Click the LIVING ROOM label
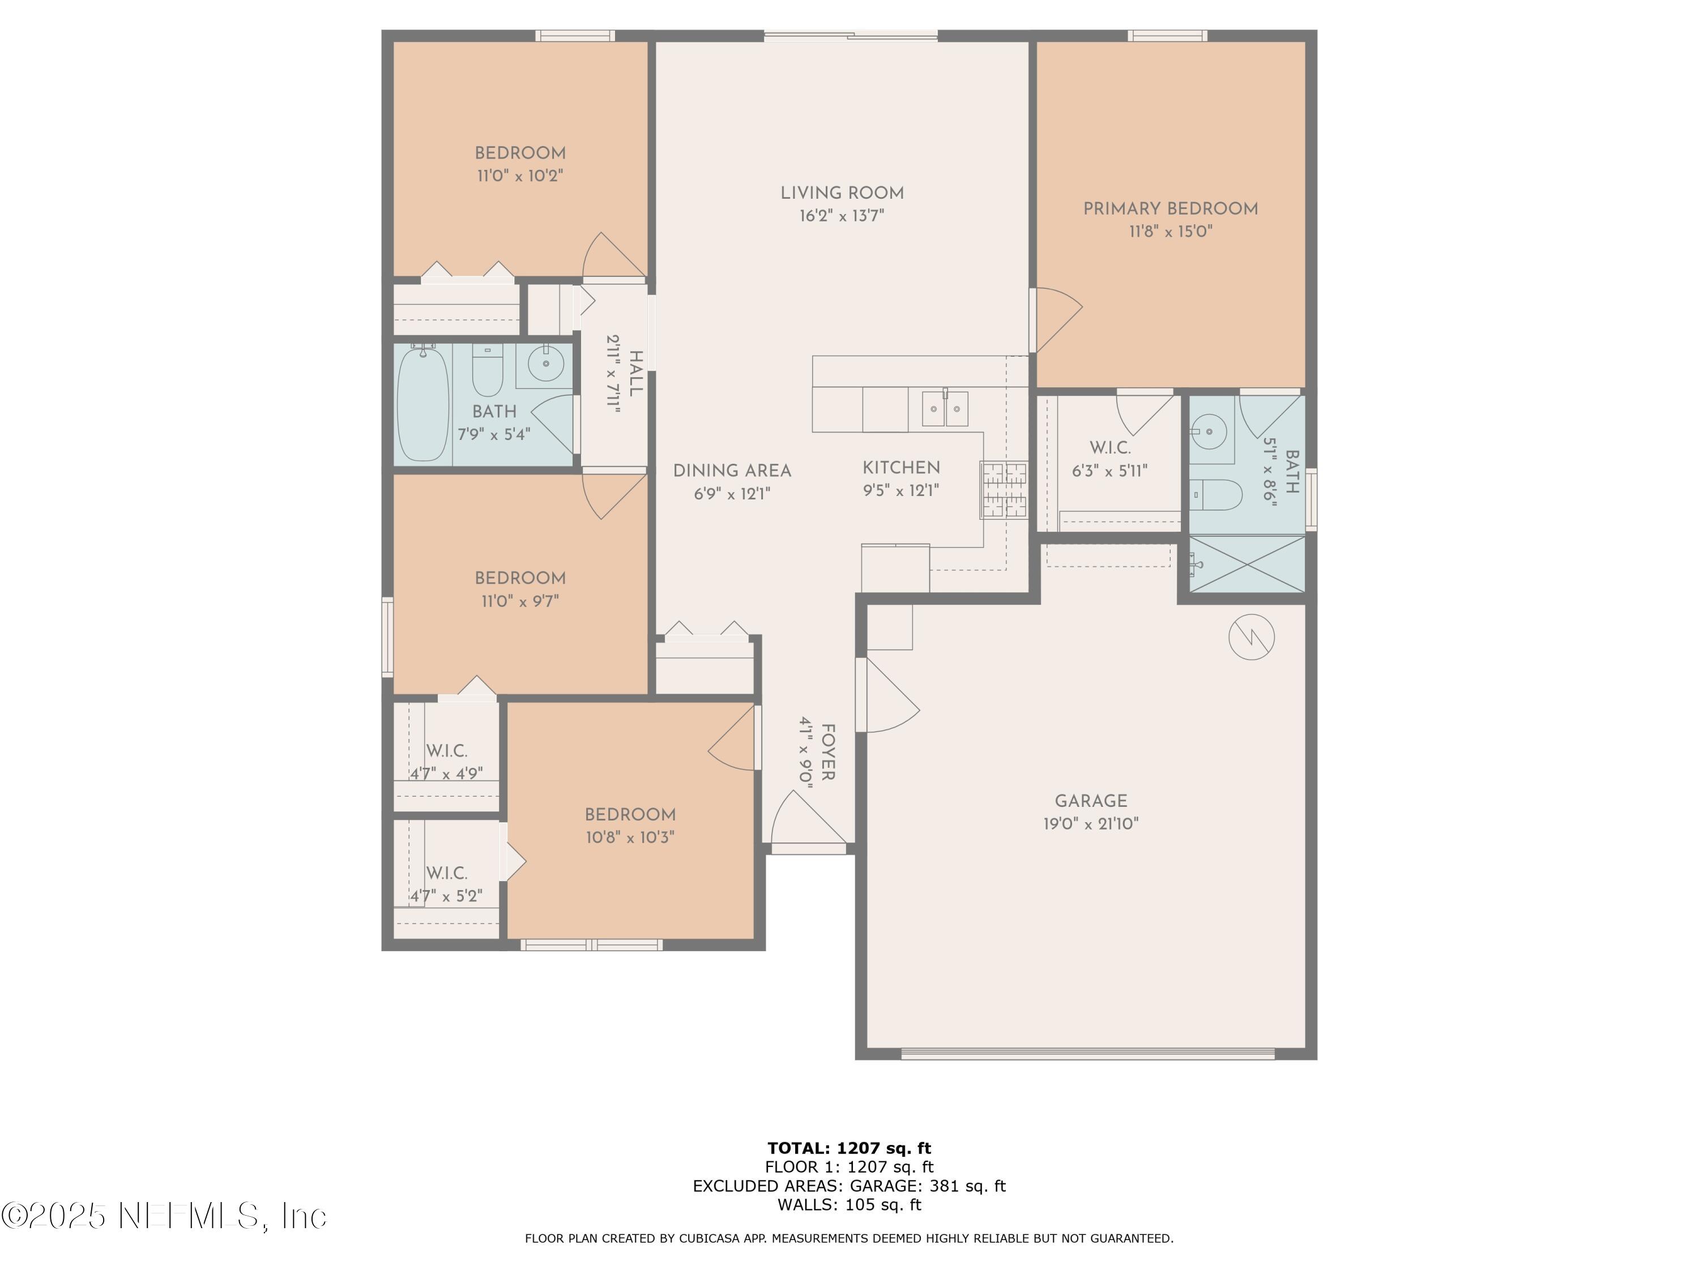pyautogui.click(x=842, y=194)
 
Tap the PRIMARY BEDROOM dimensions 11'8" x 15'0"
pyautogui.click(x=1170, y=231)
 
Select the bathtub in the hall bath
pyautogui.click(x=422, y=403)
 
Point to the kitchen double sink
pyautogui.click(x=945, y=408)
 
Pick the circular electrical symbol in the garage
pyautogui.click(x=1251, y=636)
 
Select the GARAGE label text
pyautogui.click(x=1091, y=801)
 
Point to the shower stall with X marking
pyautogui.click(x=1246, y=565)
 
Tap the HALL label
pyautogui.click(x=635, y=374)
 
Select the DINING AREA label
pyautogui.click(x=732, y=471)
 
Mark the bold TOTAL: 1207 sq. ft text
pyautogui.click(x=849, y=1148)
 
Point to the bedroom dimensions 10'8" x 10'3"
pyautogui.click(x=630, y=837)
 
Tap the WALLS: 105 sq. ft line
pyautogui.click(x=849, y=1204)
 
